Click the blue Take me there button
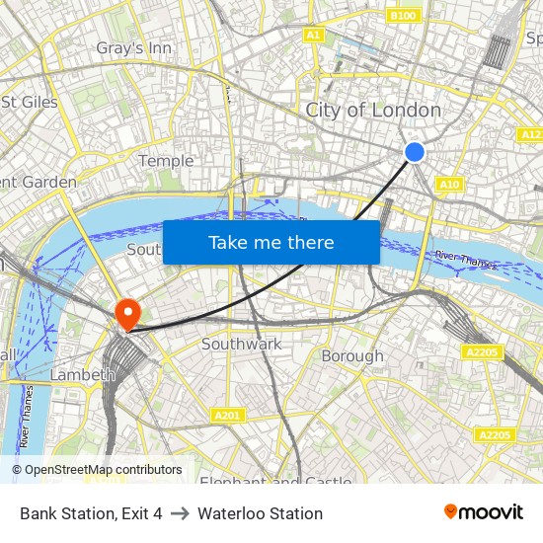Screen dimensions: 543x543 271,242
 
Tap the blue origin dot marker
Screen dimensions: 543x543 415,151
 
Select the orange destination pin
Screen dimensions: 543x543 127,315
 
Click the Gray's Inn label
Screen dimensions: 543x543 133,47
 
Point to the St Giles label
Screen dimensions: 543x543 30,102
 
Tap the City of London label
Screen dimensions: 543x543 373,110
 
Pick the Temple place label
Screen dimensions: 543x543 166,161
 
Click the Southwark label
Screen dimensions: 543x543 241,344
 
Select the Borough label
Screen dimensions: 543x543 352,355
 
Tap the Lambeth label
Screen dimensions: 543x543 76,374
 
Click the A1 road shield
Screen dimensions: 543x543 314,35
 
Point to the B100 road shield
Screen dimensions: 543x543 403,16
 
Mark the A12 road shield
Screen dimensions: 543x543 530,134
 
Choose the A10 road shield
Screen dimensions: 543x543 449,184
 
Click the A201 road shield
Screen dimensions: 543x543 227,416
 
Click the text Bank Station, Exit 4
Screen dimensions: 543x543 91,513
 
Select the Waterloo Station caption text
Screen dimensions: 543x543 260,513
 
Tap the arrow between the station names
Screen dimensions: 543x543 180,513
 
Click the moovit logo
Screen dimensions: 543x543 484,512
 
